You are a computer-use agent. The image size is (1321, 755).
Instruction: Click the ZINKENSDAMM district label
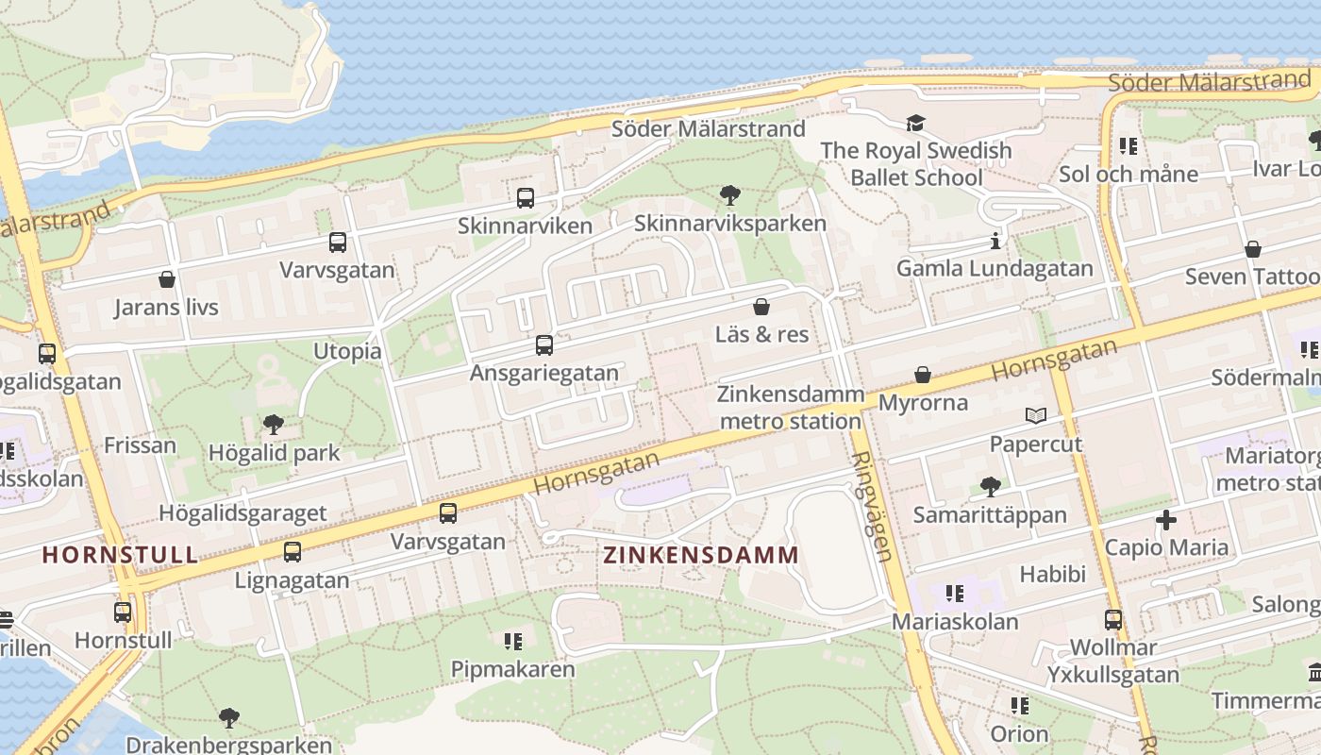point(701,555)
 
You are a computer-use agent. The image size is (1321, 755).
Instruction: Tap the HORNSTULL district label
point(120,554)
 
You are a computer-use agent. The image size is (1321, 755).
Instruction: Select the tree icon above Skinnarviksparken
point(729,196)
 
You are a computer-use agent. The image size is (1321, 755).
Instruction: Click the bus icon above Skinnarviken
point(526,198)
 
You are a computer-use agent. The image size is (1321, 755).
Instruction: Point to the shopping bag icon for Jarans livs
point(167,279)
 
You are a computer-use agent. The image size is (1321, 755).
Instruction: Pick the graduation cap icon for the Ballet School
point(915,124)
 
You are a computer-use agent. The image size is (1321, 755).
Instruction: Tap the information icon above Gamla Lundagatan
point(995,241)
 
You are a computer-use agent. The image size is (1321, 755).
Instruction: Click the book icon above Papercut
point(1036,415)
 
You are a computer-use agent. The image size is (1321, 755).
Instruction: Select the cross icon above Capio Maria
point(1166,520)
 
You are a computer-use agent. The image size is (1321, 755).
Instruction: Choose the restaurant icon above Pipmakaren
point(513,642)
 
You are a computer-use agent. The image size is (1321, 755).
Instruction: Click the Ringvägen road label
point(872,506)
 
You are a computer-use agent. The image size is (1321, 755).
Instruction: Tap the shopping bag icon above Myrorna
point(923,375)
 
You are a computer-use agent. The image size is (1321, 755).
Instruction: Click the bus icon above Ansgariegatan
point(544,345)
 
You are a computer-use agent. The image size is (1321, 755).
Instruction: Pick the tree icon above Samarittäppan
point(990,487)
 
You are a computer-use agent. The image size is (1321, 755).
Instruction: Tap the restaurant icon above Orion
point(1019,706)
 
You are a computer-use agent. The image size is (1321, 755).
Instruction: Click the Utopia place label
point(347,351)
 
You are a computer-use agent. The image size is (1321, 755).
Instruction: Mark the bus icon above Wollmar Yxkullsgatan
point(1113,620)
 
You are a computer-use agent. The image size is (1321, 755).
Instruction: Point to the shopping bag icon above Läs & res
point(761,307)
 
